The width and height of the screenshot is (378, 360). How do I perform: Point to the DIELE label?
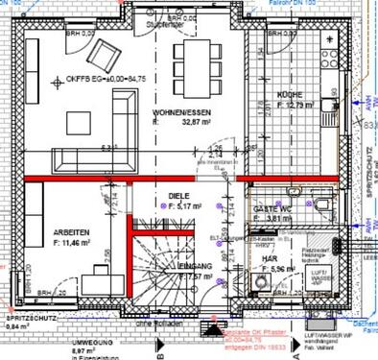(x=179, y=195)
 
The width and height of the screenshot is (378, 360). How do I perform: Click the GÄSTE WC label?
(x=272, y=208)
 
